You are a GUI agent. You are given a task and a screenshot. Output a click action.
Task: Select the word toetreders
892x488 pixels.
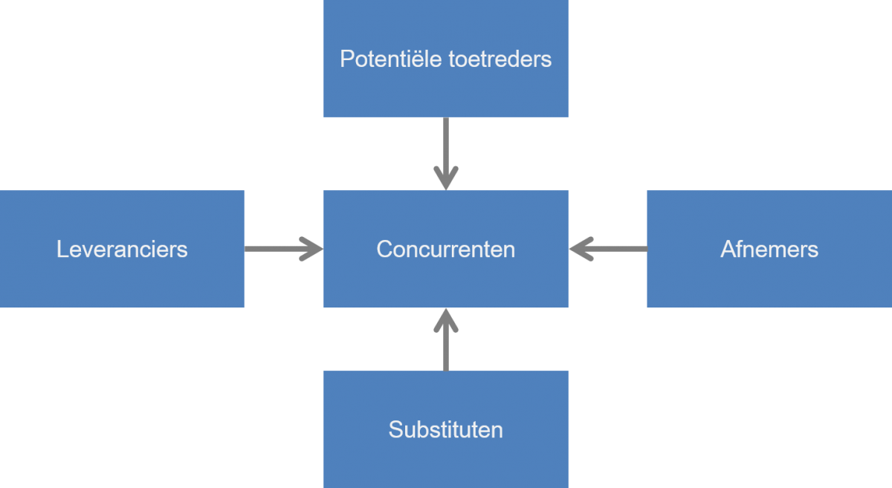coord(500,59)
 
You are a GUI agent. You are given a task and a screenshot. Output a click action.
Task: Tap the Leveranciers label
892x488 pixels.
coord(122,249)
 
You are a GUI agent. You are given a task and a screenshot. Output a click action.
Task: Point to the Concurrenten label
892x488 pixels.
coord(445,249)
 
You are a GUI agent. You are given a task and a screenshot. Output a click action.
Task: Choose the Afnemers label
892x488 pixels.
coord(769,249)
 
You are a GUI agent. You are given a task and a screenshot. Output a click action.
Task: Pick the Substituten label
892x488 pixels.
coord(445,429)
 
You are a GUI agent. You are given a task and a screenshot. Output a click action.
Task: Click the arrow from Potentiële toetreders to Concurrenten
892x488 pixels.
coord(445,149)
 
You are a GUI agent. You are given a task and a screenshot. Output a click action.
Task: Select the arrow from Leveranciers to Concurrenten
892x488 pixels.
coord(279,249)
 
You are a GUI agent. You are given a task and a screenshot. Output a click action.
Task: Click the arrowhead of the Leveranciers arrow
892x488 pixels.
coord(314,249)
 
